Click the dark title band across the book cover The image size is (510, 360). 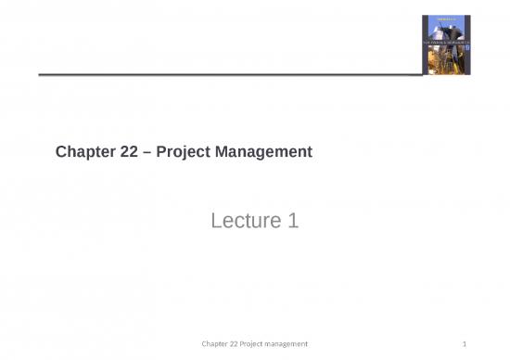(x=447, y=31)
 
